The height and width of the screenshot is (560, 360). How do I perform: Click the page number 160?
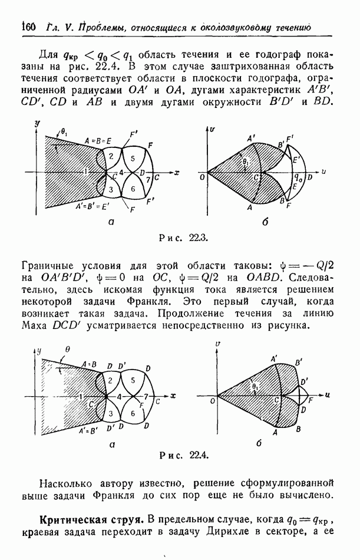(29, 27)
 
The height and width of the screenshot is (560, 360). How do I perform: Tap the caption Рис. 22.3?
(184, 238)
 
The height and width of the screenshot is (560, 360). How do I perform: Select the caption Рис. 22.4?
(184, 455)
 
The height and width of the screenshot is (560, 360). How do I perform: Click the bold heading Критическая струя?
(91, 520)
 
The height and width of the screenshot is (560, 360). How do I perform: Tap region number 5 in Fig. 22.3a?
(133, 158)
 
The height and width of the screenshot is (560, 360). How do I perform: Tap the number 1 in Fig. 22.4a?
(81, 396)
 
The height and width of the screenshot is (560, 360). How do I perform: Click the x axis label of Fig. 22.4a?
(173, 396)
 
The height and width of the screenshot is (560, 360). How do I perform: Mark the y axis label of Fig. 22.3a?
(37, 124)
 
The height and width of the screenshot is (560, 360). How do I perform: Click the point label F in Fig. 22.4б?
(311, 400)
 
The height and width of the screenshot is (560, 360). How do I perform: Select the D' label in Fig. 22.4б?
(305, 382)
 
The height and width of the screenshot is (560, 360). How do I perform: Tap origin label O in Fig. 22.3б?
(203, 177)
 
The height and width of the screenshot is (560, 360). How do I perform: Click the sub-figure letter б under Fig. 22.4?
(259, 443)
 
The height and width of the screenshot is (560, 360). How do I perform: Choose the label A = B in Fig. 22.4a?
(89, 365)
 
